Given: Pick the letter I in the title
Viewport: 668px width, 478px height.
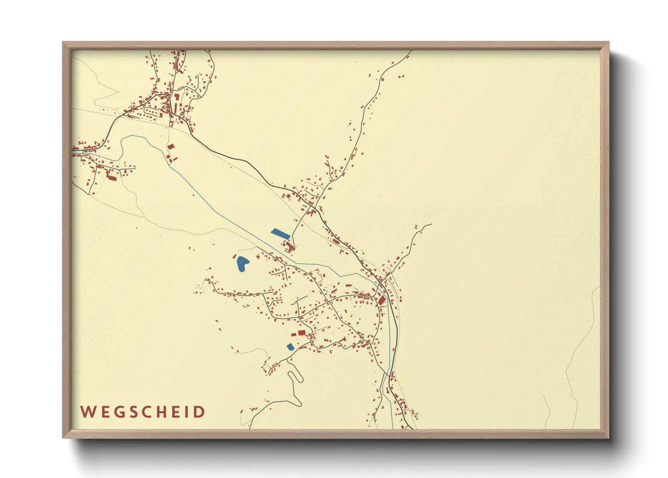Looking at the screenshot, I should coord(186,412).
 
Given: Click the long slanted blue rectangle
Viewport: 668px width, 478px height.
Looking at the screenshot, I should coord(280,234).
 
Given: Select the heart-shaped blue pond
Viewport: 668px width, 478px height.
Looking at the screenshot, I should coord(242,263).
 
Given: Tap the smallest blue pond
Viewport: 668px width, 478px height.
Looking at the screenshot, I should coord(290,347).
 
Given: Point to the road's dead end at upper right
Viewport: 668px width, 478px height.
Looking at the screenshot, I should coord(431,224).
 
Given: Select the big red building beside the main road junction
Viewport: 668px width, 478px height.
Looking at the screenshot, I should coord(381,300).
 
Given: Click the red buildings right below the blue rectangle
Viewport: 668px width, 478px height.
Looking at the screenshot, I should coord(289,246).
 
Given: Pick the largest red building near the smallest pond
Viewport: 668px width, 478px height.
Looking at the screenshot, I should coord(302,333).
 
